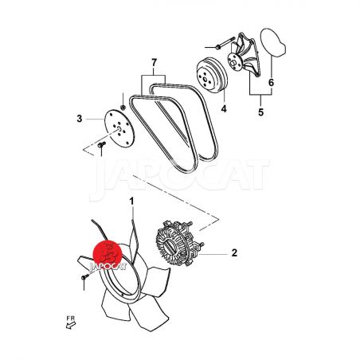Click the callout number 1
tap(131, 202)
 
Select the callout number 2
tap(234, 252)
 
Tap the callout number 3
tap(80, 119)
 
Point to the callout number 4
tap(224, 108)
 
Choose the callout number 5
tap(261, 112)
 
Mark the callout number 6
tap(271, 83)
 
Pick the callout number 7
tap(155, 63)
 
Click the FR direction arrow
tap(71, 325)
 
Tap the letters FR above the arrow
tap(71, 318)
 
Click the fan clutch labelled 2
tap(178, 244)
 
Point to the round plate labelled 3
tap(119, 128)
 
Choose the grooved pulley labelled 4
tap(212, 76)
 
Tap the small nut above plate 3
tap(123, 108)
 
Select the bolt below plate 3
tap(102, 145)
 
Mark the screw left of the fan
tap(85, 277)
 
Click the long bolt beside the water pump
tap(226, 43)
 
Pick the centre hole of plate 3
tap(119, 129)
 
